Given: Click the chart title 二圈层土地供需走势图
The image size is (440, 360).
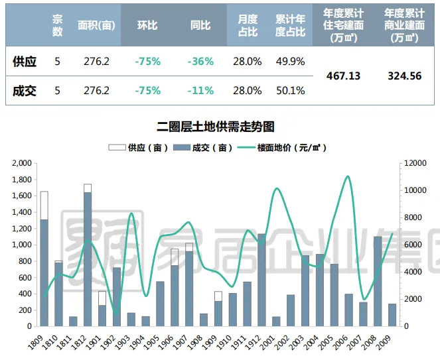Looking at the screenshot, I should point(220,126).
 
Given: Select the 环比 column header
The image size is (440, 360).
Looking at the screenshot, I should point(147,25).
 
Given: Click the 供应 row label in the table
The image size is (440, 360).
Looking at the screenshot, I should point(25,62).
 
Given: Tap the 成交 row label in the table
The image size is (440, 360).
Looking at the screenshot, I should point(25,90).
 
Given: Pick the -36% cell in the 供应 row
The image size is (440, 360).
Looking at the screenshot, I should point(200,62).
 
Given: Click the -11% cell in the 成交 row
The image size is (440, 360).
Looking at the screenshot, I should point(200,90).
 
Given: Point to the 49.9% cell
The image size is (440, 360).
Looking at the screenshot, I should point(290,62).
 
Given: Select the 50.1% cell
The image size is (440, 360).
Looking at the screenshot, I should point(290,90).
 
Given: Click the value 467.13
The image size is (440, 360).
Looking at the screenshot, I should point(344,76).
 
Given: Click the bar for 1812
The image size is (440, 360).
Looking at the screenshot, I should point(88,259).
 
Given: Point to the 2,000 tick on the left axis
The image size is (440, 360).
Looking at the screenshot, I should point(22,163).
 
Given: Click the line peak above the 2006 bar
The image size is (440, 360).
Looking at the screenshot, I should point(348,176).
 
